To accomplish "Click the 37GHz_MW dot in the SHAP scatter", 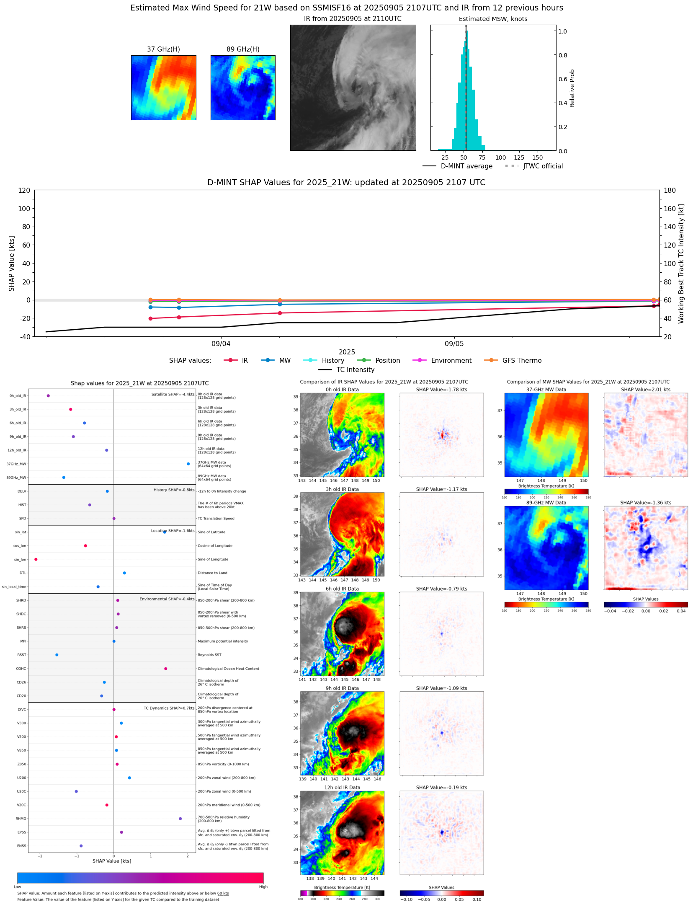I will (188, 464).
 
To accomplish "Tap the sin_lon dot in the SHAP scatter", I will (36, 559).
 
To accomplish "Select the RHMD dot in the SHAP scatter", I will (180, 819).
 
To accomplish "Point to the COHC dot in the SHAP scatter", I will (166, 669).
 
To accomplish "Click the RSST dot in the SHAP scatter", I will (57, 655).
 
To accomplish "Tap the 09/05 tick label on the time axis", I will (454, 344).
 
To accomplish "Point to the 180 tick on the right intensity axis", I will (670, 190).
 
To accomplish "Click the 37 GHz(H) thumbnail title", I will (163, 49).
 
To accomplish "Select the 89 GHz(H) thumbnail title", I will (243, 49).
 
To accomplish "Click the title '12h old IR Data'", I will (342, 788).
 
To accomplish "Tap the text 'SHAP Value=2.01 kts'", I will (645, 390).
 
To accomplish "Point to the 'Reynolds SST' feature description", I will (209, 655).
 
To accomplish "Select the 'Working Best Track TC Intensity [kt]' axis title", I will (681, 263).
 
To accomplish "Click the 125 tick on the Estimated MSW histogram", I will (519, 158).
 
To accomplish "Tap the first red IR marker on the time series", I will (150, 318).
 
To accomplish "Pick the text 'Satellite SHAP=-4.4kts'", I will (173, 394).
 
